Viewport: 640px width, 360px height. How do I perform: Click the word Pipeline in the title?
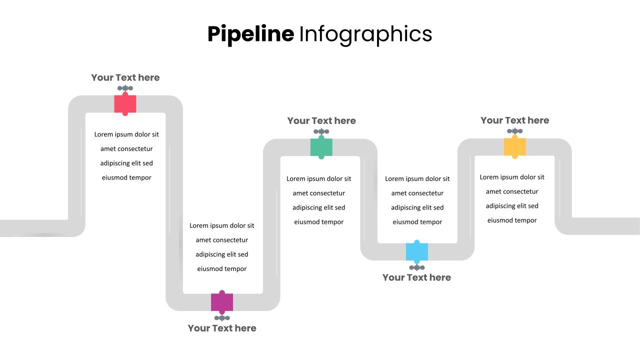click(250, 34)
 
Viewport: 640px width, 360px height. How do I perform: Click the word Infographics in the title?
click(365, 34)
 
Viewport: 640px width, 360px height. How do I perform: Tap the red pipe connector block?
click(125, 104)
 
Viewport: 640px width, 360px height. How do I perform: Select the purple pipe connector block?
click(222, 302)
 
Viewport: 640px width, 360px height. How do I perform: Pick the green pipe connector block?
click(321, 147)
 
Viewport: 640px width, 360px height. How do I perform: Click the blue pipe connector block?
click(417, 251)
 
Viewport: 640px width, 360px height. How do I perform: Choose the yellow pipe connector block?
click(515, 147)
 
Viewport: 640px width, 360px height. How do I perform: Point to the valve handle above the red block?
click(125, 88)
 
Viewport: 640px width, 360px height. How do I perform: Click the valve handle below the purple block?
click(222, 318)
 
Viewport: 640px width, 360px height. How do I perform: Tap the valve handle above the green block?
click(321, 132)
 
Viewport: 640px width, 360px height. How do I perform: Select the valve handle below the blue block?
click(417, 267)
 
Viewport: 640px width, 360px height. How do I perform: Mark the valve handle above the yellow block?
click(515, 131)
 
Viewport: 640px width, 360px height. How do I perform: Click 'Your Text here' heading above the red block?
click(125, 77)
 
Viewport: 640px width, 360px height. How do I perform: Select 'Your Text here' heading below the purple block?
click(222, 328)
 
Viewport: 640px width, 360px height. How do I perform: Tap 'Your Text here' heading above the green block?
click(321, 120)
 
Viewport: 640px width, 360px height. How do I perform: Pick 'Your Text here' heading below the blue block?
click(416, 277)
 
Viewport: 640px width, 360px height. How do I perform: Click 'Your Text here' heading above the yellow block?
click(514, 120)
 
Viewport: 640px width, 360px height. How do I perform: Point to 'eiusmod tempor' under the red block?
click(126, 177)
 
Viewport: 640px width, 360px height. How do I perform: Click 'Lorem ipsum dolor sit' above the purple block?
click(222, 225)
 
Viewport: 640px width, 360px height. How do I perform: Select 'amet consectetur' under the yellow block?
click(512, 191)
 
